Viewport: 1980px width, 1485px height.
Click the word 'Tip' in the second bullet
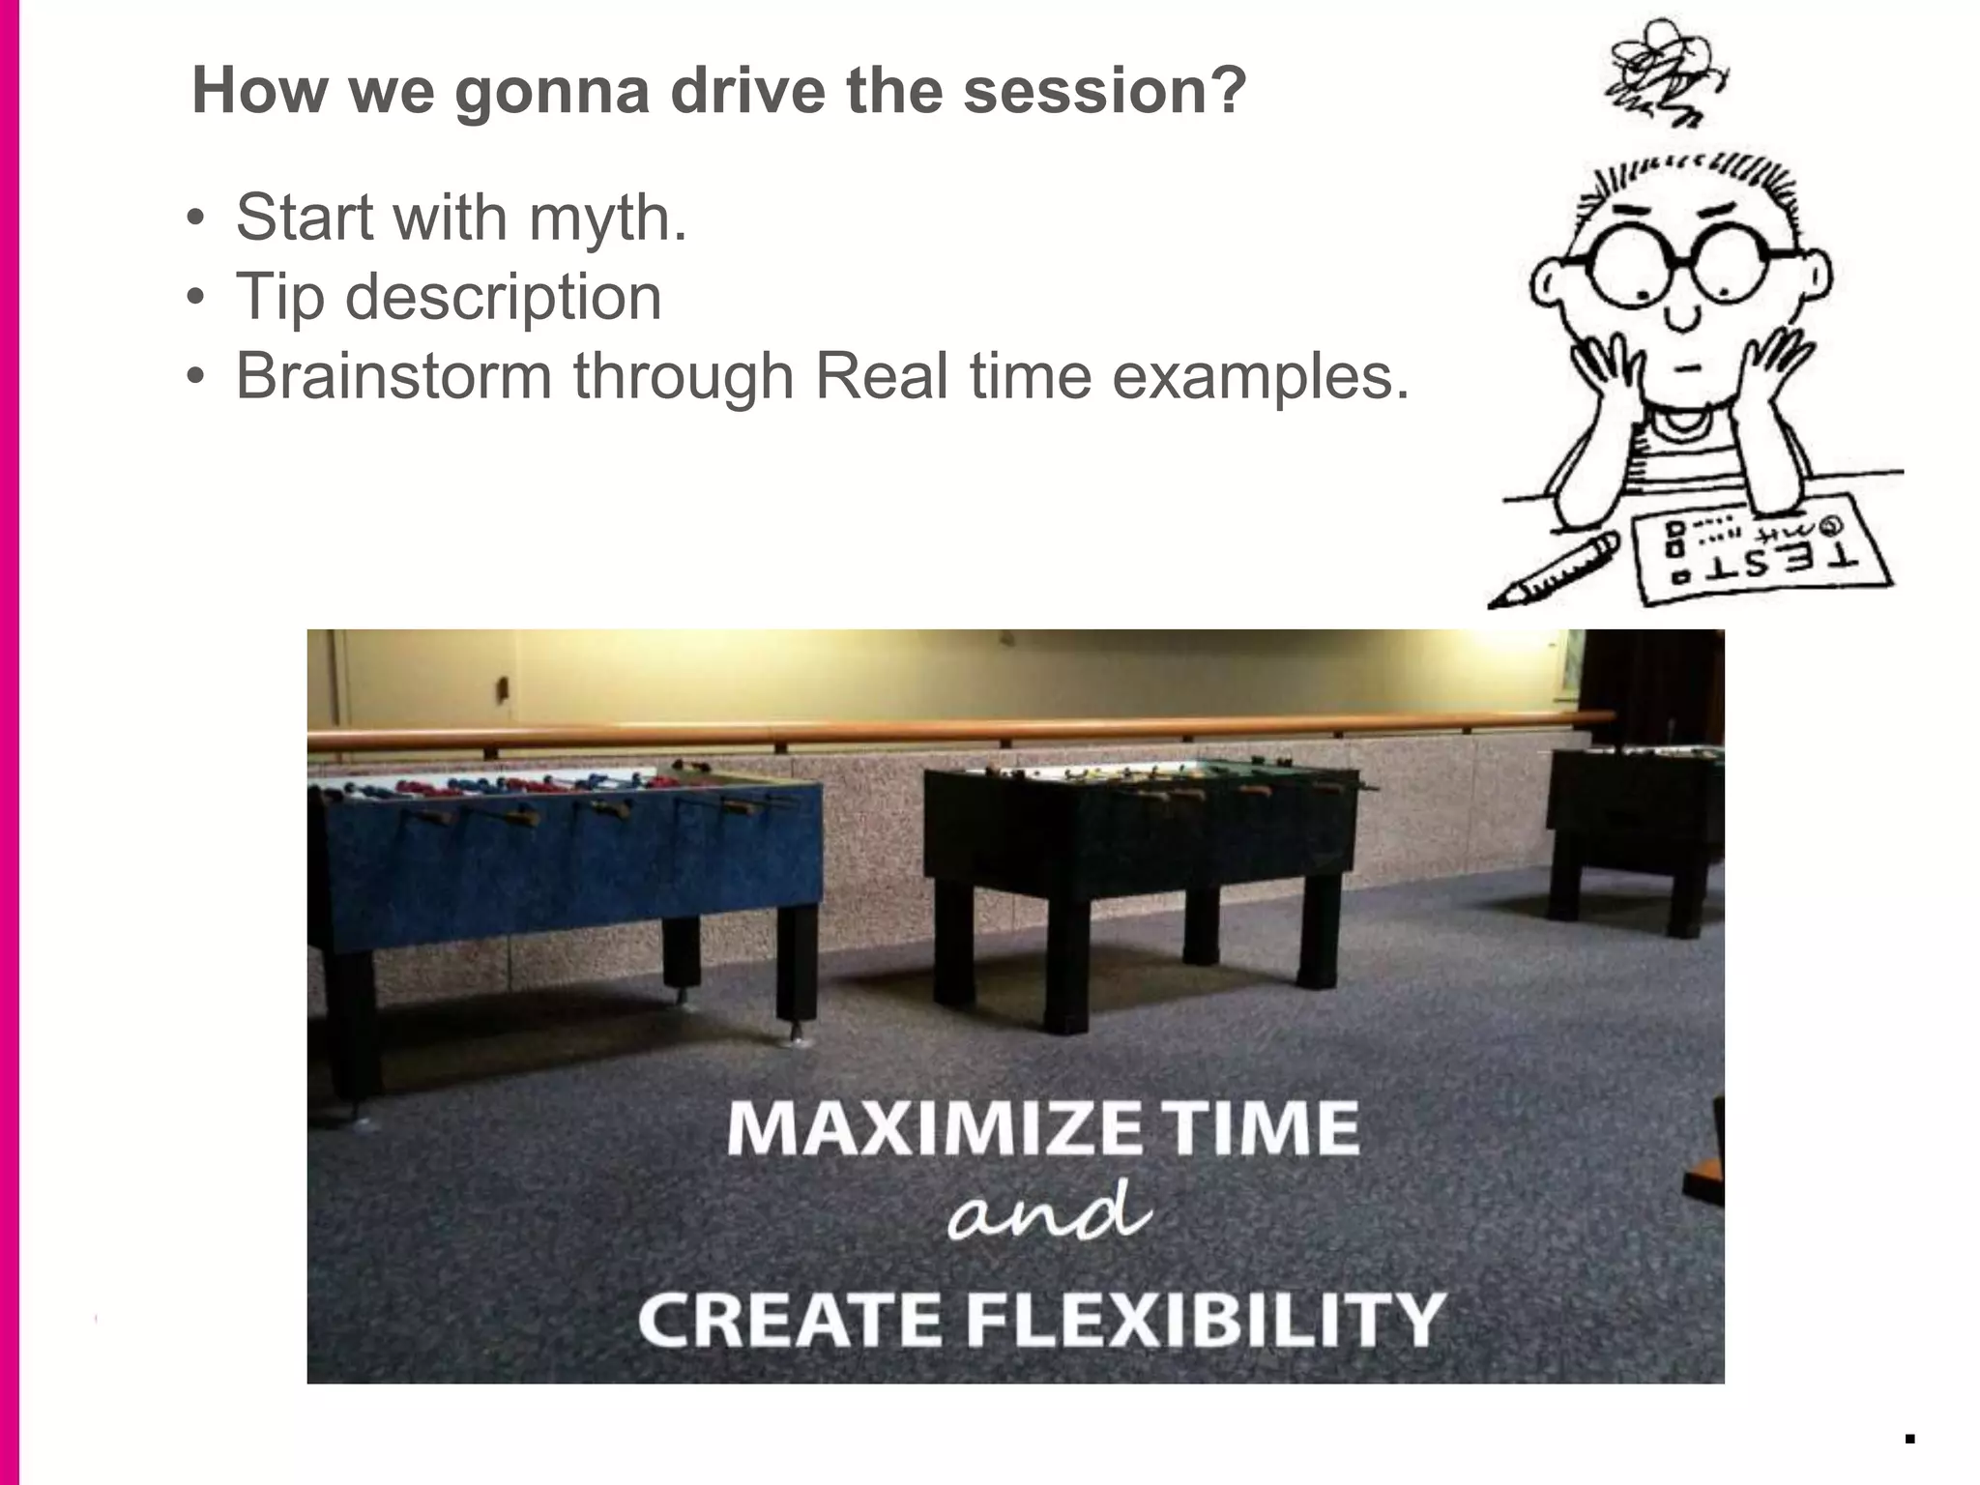point(279,297)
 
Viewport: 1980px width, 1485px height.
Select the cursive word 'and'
point(1050,1213)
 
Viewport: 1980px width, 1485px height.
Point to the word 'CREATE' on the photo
point(789,1320)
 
